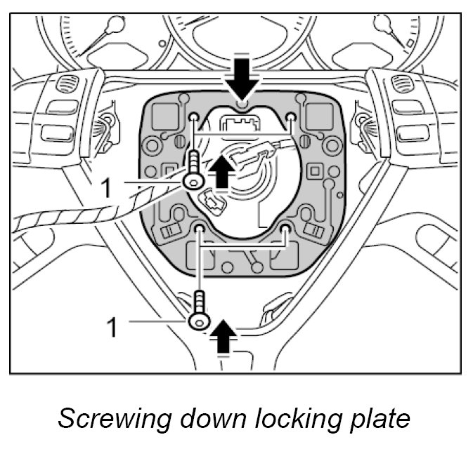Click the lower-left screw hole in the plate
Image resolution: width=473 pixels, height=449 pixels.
(x=200, y=229)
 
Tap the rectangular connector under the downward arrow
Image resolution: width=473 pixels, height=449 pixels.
(x=241, y=126)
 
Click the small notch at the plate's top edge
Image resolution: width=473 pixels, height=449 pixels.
(x=241, y=105)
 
